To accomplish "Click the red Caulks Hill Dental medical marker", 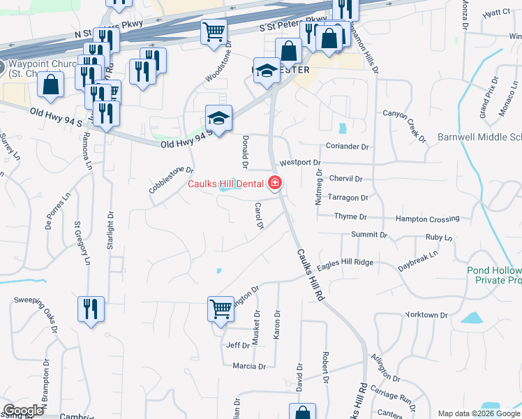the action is tap(274, 184).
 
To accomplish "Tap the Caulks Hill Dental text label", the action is tap(226, 184).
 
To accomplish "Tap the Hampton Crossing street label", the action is tap(427, 219).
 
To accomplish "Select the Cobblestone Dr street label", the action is tap(170, 179).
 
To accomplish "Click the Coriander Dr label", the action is tap(347, 147).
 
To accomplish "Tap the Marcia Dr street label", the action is tap(249, 366).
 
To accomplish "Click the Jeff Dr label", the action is tap(238, 345).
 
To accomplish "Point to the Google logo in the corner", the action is tap(23, 411).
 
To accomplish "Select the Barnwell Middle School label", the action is tap(479, 137).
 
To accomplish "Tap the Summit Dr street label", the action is tap(369, 235).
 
